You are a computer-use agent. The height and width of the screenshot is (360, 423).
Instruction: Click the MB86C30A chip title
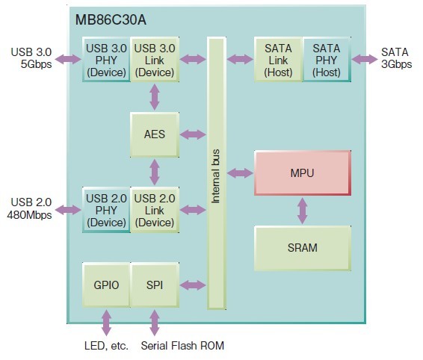point(111,20)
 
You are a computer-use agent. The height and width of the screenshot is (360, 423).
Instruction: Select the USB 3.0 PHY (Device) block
point(106,60)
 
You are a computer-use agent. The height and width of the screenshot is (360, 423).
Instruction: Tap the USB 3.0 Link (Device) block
point(155,60)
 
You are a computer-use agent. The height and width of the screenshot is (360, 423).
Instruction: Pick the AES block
point(155,134)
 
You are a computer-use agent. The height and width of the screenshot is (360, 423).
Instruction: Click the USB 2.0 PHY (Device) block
point(106,210)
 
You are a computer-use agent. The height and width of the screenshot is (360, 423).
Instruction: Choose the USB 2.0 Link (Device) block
point(155,210)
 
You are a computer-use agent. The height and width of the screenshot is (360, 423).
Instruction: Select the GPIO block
point(106,285)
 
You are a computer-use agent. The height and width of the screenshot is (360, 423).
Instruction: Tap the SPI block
point(155,285)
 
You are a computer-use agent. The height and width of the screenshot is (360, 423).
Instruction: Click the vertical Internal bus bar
point(217,173)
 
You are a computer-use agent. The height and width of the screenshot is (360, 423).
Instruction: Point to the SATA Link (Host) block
point(278,60)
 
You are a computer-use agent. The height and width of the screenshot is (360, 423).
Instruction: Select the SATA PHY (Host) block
point(327,60)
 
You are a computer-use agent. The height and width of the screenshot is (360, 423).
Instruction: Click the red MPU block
point(303,173)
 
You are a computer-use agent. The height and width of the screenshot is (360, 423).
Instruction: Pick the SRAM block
point(303,248)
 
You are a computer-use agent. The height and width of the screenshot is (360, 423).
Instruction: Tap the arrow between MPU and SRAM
point(303,211)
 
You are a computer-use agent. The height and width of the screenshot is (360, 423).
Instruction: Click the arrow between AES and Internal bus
point(193,134)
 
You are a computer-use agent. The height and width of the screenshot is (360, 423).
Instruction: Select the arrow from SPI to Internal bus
point(193,285)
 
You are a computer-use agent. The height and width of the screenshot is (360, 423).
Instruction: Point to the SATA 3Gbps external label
point(396,58)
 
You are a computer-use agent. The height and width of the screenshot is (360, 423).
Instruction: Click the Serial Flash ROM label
point(182,346)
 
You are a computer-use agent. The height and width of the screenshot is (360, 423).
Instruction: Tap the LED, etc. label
point(106,346)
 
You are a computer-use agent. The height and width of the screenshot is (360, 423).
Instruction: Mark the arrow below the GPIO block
point(106,323)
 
